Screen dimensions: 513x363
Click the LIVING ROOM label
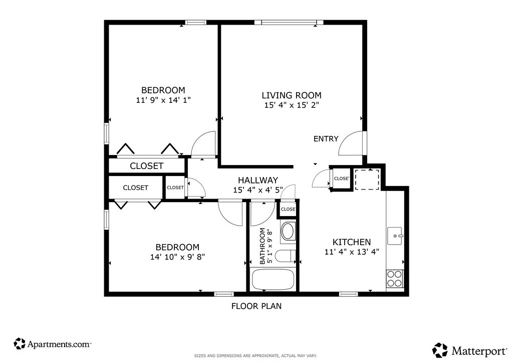[291, 95]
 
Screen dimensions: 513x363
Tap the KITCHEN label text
[352, 242]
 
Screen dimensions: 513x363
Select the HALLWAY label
[258, 180]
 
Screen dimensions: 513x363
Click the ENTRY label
[326, 139]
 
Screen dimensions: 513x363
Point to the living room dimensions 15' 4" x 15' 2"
[292, 105]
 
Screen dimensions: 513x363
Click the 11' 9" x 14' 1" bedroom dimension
[163, 100]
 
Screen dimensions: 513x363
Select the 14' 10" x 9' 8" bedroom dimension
[178, 257]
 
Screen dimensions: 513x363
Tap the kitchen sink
[395, 236]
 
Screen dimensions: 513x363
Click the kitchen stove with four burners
[395, 279]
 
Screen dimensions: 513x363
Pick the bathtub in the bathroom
[273, 280]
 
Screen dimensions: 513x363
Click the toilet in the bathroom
[285, 256]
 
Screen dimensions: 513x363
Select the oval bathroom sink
[288, 232]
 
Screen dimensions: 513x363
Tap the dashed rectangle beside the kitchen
[367, 179]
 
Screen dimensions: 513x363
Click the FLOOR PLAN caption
[256, 306]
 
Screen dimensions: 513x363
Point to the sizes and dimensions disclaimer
[255, 355]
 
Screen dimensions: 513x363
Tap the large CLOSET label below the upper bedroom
[147, 166]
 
